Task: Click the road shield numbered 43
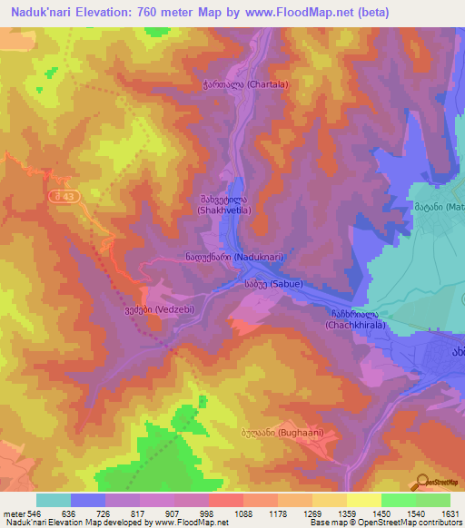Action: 65,196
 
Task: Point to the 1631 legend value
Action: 450,513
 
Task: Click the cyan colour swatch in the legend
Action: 54,500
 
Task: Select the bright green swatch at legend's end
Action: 432,500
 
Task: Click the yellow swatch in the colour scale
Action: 363,500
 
